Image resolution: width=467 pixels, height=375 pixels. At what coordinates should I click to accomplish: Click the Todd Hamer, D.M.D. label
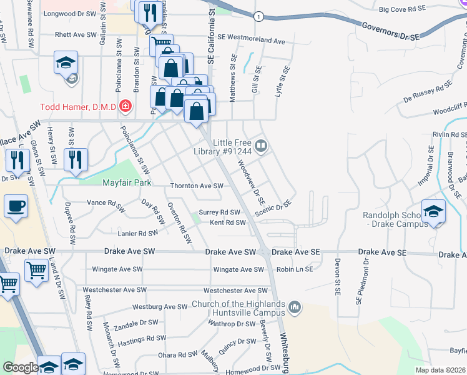(x=78, y=107)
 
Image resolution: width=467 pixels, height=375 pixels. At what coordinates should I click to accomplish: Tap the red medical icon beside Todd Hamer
(x=125, y=107)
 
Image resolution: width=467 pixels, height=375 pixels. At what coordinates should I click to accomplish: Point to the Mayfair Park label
(x=127, y=182)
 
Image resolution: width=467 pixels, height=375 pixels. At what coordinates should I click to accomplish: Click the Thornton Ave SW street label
(x=197, y=186)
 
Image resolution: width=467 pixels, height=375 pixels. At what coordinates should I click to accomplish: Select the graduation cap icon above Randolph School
(x=433, y=211)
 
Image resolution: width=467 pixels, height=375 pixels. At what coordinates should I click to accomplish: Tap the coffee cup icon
(x=16, y=205)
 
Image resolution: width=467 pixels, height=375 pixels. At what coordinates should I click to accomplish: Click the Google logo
(x=20, y=367)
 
